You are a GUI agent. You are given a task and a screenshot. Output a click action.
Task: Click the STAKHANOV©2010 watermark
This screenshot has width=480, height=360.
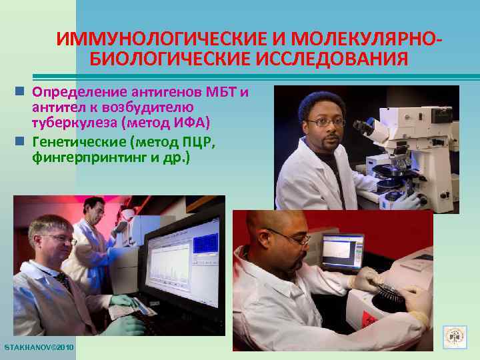(x=39, y=348)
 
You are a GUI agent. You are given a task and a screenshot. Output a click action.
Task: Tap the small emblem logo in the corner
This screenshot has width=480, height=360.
(x=456, y=337)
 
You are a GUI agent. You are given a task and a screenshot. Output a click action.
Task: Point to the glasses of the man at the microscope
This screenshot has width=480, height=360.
(x=327, y=122)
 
